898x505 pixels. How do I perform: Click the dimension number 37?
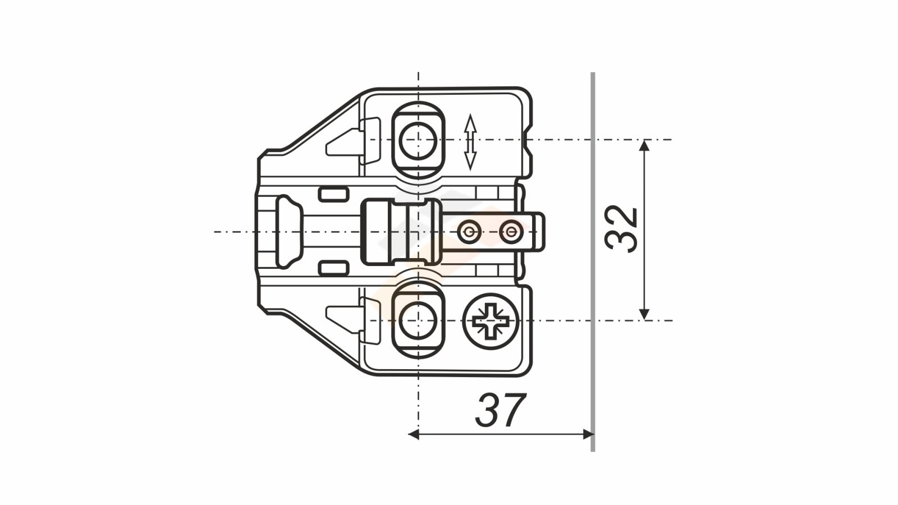point(500,410)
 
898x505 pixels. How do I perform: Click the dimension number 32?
point(621,229)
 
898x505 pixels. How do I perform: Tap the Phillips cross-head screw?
point(491,321)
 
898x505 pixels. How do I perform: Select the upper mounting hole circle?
point(418,140)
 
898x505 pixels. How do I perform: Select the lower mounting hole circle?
point(418,321)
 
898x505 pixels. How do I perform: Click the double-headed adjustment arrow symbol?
point(470,142)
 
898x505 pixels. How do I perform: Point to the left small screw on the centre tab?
point(469,232)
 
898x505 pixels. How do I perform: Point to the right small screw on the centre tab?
point(511,232)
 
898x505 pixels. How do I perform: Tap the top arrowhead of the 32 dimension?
point(644,145)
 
